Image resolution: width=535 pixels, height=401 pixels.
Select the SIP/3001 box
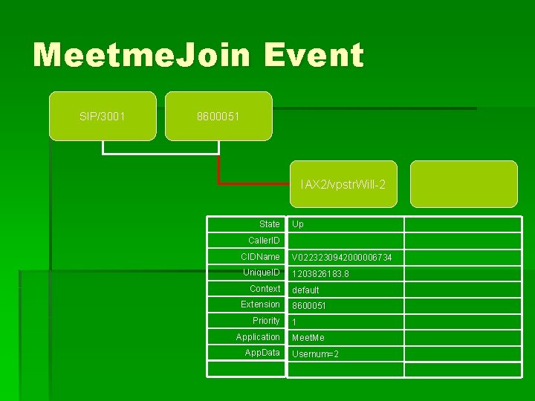point(103,116)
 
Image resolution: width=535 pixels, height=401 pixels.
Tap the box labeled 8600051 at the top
point(218,116)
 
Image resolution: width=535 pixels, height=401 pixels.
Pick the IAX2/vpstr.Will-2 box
point(343,183)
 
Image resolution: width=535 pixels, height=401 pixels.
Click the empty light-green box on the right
point(464,183)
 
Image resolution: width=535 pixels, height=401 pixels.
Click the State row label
point(269,224)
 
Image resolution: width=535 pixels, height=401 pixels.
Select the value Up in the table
point(298,224)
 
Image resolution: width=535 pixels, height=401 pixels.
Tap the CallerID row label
point(264,241)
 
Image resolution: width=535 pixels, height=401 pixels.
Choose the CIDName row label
point(260,257)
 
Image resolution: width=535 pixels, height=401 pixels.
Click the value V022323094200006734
point(342,258)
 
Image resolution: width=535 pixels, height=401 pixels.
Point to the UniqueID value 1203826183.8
point(320,274)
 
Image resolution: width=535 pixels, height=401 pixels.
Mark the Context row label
point(265,289)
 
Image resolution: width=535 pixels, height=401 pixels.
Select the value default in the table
point(305,290)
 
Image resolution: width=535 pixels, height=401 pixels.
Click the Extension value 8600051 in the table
point(309,306)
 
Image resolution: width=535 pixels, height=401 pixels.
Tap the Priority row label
point(266,321)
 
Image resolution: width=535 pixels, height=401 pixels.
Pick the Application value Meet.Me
point(308,338)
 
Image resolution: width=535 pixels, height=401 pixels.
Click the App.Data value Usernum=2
point(315,354)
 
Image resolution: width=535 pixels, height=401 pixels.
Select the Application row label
point(258,337)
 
